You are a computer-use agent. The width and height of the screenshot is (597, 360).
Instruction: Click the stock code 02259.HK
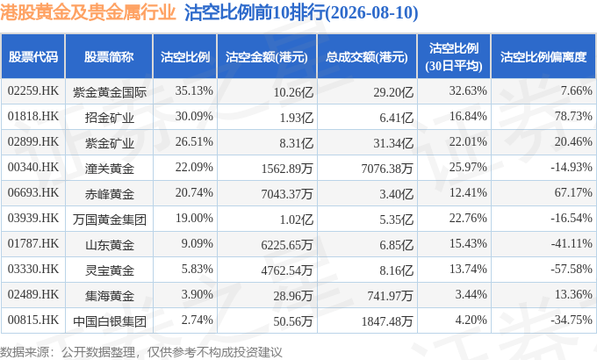tap(33, 90)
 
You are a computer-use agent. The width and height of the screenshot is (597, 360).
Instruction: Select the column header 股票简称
tap(109, 57)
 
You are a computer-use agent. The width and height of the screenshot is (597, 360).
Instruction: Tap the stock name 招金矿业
tap(109, 117)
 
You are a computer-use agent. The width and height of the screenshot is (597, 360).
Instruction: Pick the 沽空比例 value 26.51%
tap(194, 141)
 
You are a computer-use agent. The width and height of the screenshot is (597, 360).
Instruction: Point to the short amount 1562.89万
tap(287, 168)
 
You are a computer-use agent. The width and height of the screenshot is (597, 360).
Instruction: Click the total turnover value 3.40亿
tap(396, 193)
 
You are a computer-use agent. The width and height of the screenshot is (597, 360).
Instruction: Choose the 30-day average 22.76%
tap(468, 218)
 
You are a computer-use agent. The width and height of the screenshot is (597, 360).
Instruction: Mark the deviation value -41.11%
tap(572, 243)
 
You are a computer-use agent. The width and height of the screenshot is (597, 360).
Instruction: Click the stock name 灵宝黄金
tap(109, 270)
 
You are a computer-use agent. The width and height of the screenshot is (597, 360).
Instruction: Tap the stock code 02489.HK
tap(33, 294)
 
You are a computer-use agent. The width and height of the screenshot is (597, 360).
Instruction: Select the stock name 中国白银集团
tap(109, 321)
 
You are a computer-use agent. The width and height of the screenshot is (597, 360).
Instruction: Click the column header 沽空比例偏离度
tap(543, 57)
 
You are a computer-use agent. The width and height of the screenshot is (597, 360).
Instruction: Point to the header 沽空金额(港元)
tap(267, 57)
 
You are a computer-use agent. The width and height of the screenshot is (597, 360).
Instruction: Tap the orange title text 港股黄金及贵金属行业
tap(88, 12)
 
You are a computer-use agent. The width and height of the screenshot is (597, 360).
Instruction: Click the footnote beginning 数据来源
tap(140, 352)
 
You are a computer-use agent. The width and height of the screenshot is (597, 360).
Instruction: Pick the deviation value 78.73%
tap(573, 116)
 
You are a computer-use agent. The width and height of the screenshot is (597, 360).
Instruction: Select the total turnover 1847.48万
tap(387, 321)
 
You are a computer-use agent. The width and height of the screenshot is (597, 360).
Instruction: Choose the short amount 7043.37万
tap(287, 193)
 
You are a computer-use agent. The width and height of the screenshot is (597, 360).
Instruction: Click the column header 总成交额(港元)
tap(367, 57)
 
